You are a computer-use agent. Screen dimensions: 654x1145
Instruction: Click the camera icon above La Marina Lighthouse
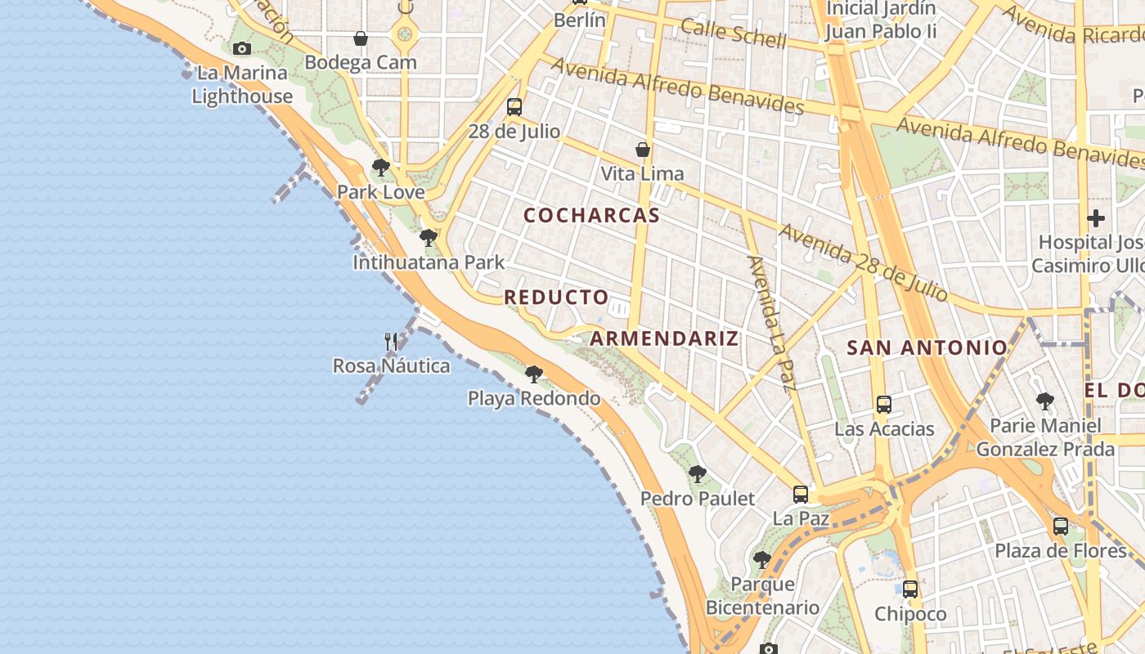coord(241,49)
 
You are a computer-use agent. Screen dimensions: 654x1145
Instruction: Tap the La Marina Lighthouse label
coord(242,85)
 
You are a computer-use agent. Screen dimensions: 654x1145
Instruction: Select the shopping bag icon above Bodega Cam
coord(361,38)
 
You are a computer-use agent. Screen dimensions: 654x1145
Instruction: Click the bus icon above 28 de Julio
coord(514,107)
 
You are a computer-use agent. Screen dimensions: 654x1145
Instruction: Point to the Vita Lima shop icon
coord(644,150)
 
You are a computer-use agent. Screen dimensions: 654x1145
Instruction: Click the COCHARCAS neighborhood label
coord(591,215)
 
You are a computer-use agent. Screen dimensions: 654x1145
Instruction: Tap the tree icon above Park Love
coord(380,168)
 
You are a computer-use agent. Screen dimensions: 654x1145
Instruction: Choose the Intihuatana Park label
coord(429,262)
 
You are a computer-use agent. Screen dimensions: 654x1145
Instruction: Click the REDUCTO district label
coord(556,298)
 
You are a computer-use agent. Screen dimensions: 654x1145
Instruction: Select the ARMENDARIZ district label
coord(664,338)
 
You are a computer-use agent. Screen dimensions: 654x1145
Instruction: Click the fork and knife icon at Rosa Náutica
coord(392,341)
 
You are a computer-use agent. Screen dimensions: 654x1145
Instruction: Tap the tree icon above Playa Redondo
coord(534,374)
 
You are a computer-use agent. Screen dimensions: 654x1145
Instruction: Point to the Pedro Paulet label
coord(698,498)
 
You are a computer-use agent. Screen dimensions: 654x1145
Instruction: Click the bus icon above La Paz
coord(801,494)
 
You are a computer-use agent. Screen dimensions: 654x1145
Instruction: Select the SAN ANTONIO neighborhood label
coord(927,347)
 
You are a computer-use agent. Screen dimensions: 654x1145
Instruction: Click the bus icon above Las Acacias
coord(884,404)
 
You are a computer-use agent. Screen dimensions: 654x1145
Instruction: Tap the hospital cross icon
coord(1096,218)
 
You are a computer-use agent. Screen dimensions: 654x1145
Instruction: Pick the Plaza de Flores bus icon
coord(1061,526)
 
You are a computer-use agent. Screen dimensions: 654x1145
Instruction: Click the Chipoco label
coord(910,614)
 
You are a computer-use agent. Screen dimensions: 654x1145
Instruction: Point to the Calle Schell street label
coord(734,34)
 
